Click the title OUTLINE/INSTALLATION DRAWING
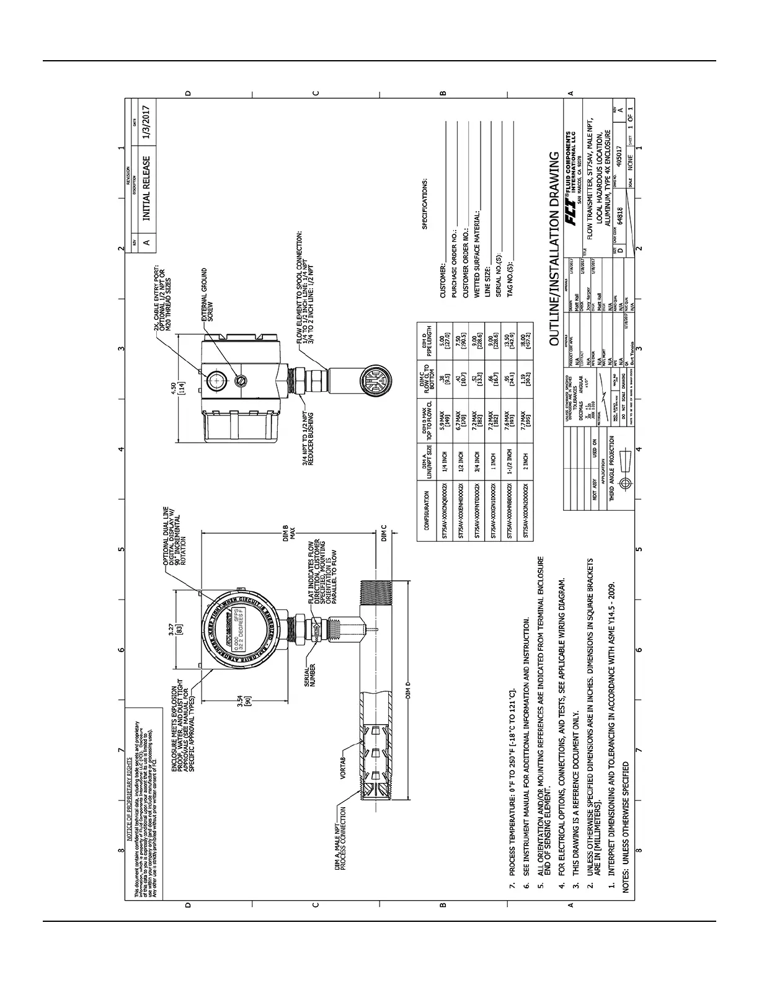coord(556,248)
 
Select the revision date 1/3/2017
coord(146,125)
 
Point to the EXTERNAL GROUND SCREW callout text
coord(208,294)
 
